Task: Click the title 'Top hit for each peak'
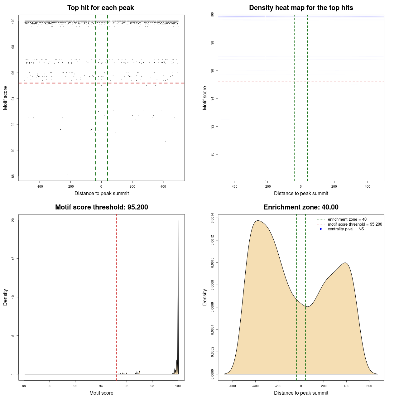pos(100,8)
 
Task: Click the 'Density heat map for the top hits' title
pos(301,8)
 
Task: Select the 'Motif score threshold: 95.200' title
pos(101,207)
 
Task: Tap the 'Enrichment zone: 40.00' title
pos(301,207)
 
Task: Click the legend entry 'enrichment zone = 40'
pos(347,219)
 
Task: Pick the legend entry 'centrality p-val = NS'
pos(346,229)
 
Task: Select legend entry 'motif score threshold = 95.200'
pos(355,224)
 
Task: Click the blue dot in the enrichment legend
pos(321,229)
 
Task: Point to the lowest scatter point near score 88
pos(68,175)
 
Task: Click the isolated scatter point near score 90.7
pos(166,141)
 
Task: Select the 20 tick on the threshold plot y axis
pos(13,220)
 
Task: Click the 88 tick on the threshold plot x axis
pos(24,386)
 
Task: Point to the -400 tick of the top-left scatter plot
pos(40,186)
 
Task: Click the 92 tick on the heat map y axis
pos(212,127)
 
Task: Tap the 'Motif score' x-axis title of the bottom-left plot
pos(101,393)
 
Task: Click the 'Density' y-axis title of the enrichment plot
pos(205,297)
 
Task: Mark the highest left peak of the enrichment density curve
pos(257,221)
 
